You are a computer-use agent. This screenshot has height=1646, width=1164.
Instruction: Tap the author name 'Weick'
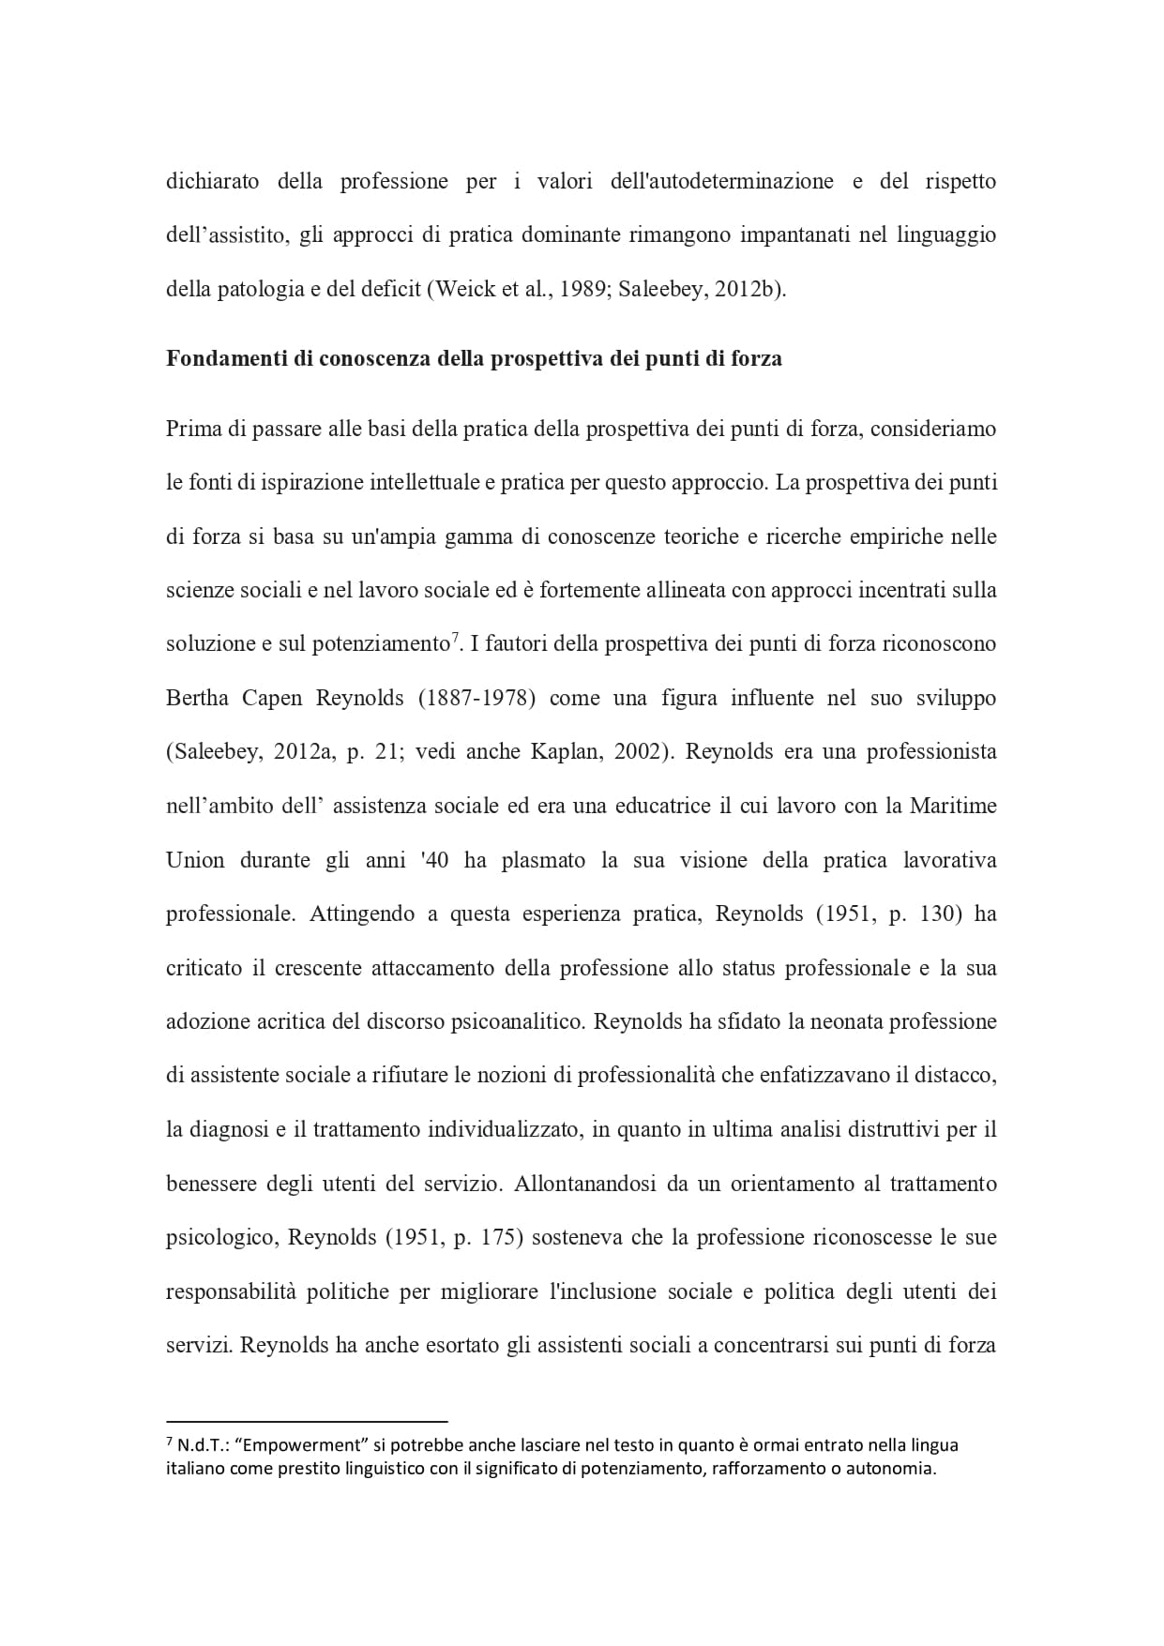[465, 289]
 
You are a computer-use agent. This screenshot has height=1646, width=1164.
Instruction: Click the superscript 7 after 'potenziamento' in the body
[454, 639]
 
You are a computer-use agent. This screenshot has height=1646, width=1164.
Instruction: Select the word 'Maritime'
[953, 807]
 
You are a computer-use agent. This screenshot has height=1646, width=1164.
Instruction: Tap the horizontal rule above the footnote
[307, 1421]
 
